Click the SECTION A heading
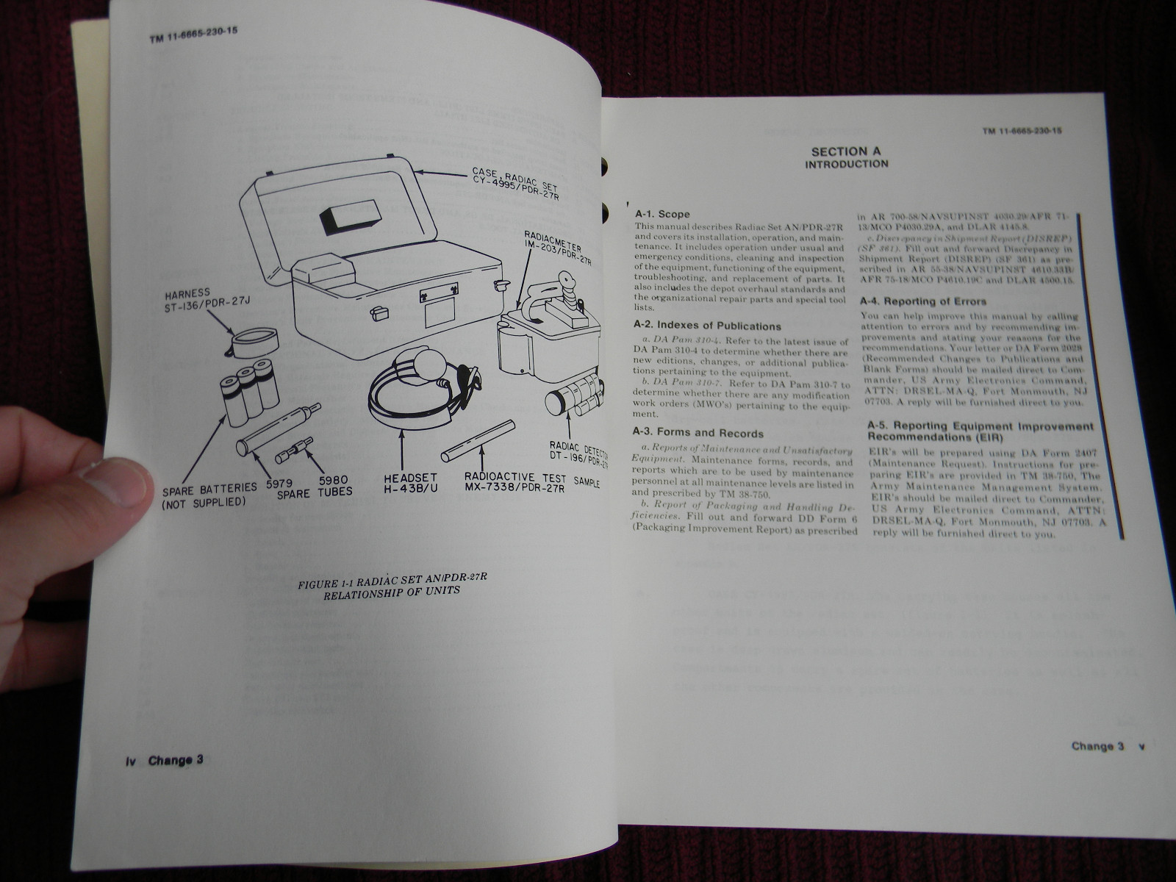tap(846, 151)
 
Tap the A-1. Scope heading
tap(664, 214)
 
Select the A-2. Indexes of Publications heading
tap(707, 326)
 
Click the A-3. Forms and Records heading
tap(698, 434)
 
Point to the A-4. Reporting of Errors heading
tap(923, 301)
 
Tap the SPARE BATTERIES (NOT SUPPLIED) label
tap(208, 494)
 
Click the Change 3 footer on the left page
tap(175, 760)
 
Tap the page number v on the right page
tap(1141, 746)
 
